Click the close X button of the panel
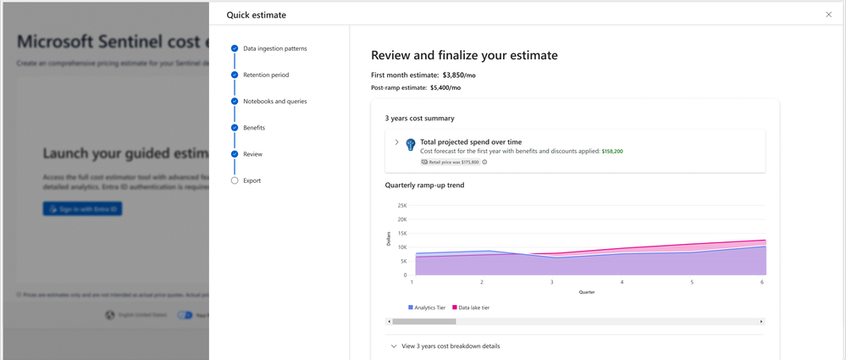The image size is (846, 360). pyautogui.click(x=828, y=14)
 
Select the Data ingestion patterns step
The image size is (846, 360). pyautogui.click(x=274, y=48)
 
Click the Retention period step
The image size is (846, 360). pyautogui.click(x=265, y=75)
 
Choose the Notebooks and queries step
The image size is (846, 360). pyautogui.click(x=274, y=101)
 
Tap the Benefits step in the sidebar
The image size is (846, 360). pyautogui.click(x=253, y=127)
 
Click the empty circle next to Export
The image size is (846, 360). pyautogui.click(x=235, y=180)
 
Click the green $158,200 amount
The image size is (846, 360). pyautogui.click(x=612, y=152)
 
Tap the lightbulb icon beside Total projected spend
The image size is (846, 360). pyautogui.click(x=410, y=145)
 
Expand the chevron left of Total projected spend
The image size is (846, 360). pyautogui.click(x=396, y=142)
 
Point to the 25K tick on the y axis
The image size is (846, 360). pyautogui.click(x=401, y=205)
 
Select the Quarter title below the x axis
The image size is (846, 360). pyautogui.click(x=587, y=292)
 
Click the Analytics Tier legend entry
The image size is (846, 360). pyautogui.click(x=427, y=307)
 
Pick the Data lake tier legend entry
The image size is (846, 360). pyautogui.click(x=471, y=307)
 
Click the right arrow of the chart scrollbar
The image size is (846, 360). pyautogui.click(x=761, y=322)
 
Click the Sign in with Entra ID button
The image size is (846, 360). pyautogui.click(x=82, y=208)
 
